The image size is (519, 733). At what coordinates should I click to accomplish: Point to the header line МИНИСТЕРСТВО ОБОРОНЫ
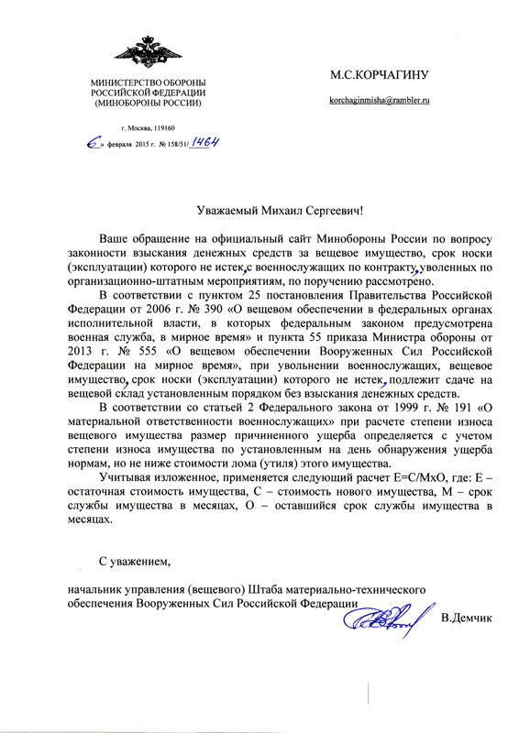(x=148, y=84)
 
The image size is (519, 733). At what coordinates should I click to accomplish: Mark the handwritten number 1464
(x=209, y=144)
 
